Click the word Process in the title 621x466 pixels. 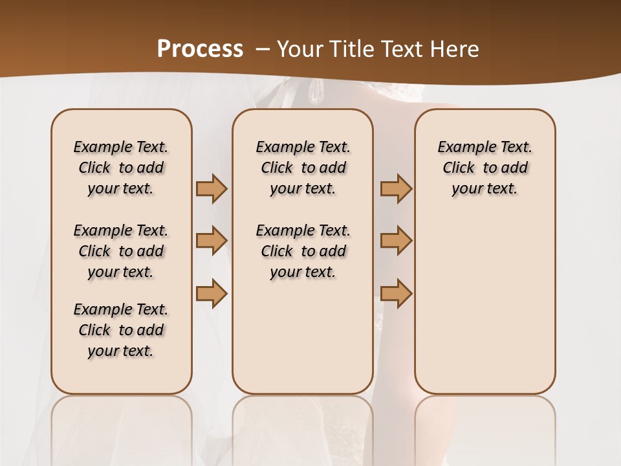pos(200,49)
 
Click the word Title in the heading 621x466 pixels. pos(350,49)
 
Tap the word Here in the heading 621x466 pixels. pos(455,49)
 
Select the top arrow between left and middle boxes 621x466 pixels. pos(212,189)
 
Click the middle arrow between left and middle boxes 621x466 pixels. pos(212,241)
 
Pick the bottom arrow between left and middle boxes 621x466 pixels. pos(212,293)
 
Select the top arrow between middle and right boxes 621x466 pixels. pos(396,189)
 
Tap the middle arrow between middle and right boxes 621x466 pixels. pos(396,241)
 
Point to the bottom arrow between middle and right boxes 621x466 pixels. pos(396,293)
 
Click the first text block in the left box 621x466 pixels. pos(121,168)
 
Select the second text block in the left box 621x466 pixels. pos(121,251)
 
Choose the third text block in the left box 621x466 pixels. pos(121,330)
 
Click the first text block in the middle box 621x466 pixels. pos(303,168)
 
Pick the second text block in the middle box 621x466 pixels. pos(303,251)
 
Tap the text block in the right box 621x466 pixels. pos(485,168)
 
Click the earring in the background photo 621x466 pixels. pos(316,91)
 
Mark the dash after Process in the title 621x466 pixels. pos(263,49)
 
